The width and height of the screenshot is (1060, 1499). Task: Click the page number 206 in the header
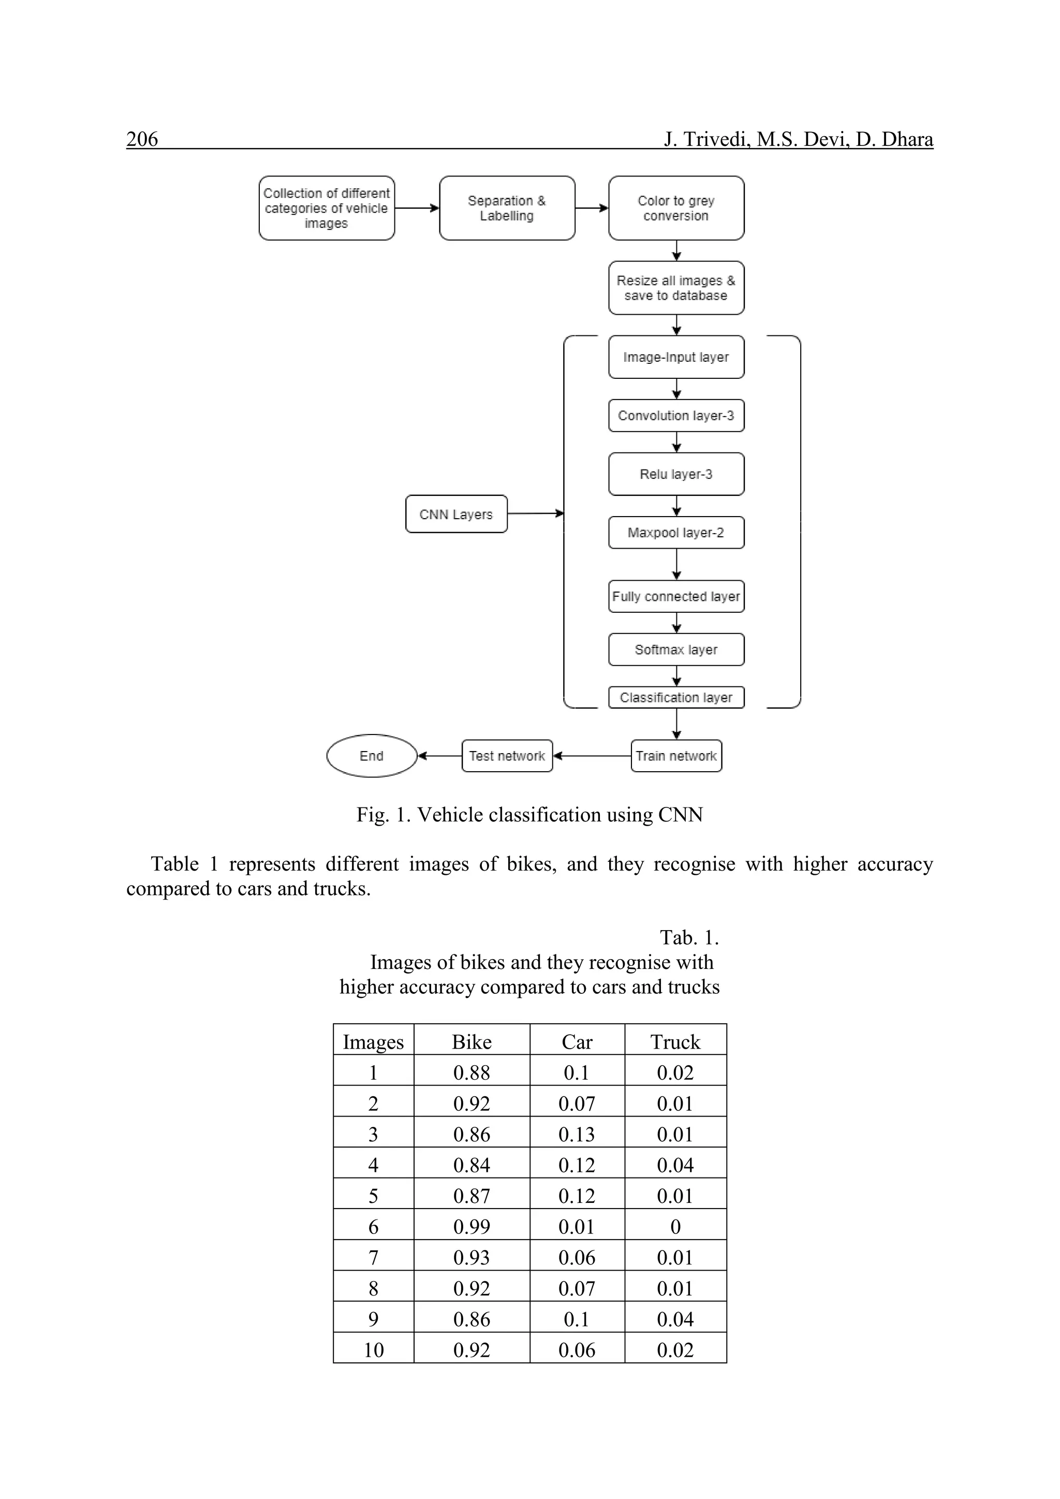(x=142, y=139)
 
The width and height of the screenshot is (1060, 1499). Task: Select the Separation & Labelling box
(x=507, y=208)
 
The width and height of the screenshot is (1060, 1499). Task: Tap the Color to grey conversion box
(x=675, y=208)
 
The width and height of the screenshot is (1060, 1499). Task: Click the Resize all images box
(x=675, y=288)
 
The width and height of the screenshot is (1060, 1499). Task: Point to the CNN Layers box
(x=455, y=515)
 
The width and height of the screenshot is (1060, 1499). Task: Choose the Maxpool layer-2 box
(x=675, y=533)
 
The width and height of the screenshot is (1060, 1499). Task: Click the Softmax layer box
(x=675, y=650)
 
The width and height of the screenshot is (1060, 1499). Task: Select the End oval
(x=372, y=756)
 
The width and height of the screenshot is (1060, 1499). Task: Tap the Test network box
(x=507, y=756)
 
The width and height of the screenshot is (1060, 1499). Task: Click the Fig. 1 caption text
(x=529, y=815)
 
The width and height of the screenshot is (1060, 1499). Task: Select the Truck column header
(x=675, y=1042)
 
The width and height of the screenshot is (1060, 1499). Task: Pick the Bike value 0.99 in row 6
(x=472, y=1227)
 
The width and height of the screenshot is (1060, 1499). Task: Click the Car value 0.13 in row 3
(x=577, y=1134)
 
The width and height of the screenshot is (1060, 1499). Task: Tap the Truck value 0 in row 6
(x=675, y=1227)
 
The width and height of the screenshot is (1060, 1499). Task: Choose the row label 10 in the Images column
(x=373, y=1350)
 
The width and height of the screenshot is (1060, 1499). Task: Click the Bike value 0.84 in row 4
(x=472, y=1165)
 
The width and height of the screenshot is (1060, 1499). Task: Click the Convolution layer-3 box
(x=675, y=416)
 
